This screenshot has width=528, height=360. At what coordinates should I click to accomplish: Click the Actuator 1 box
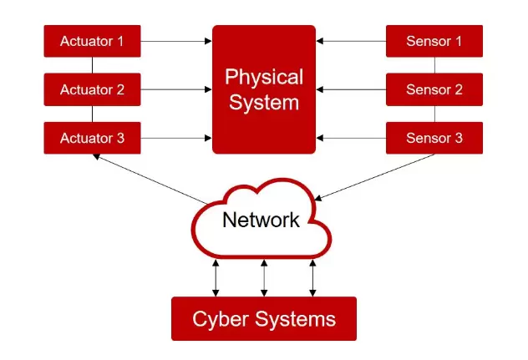click(92, 39)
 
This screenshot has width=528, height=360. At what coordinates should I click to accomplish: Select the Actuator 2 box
click(92, 89)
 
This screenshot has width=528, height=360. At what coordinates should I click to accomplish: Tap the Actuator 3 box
click(92, 138)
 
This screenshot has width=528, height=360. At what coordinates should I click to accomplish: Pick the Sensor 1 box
click(434, 39)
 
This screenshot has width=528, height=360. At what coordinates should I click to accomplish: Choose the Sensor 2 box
click(434, 89)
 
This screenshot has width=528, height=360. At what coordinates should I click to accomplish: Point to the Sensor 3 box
click(434, 138)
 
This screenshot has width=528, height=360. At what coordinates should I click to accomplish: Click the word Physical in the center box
click(263, 78)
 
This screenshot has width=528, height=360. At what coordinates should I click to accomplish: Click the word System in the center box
click(263, 103)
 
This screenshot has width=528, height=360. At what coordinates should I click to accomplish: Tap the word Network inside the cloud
click(261, 221)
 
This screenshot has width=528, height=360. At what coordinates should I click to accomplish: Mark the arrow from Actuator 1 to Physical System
click(175, 39)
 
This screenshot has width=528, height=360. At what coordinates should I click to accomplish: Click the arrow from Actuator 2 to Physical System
click(175, 89)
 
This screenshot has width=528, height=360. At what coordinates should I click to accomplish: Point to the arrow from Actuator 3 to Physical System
click(175, 138)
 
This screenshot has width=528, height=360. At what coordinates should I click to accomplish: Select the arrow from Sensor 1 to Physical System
click(351, 39)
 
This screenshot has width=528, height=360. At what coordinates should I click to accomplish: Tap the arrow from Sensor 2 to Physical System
click(351, 89)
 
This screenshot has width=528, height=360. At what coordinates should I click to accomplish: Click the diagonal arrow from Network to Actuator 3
click(150, 178)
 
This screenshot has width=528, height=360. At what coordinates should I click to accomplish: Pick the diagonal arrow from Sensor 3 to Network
click(376, 176)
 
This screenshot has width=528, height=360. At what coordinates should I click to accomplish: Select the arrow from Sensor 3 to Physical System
click(351, 138)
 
